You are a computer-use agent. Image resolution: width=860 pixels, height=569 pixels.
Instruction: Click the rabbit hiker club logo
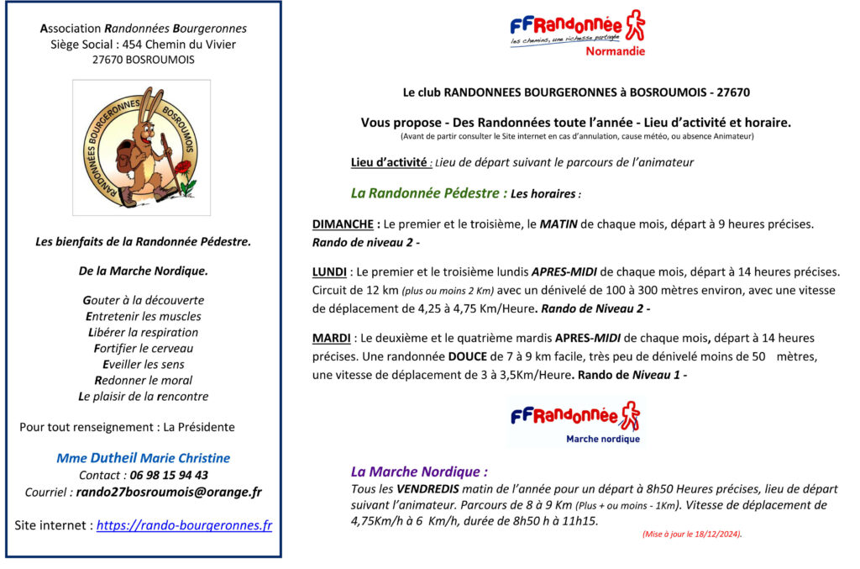(x=141, y=148)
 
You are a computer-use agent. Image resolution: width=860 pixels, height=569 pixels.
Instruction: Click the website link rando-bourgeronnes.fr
(x=184, y=525)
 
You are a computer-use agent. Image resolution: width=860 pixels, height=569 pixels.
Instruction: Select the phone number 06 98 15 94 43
(x=169, y=475)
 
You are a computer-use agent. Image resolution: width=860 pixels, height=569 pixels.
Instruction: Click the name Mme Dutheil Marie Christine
(x=143, y=458)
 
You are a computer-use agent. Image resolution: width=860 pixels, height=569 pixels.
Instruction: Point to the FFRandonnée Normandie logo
(x=576, y=32)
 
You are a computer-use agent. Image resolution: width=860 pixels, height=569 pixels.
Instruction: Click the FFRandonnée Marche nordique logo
(x=576, y=422)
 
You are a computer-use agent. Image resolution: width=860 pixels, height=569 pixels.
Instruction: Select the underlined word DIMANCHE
(x=343, y=225)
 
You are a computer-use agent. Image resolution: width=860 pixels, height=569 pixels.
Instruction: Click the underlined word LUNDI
(x=330, y=272)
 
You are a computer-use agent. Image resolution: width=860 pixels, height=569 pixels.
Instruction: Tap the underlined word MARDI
(x=332, y=338)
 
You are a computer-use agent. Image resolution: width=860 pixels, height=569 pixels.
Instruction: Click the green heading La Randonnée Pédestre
(x=428, y=193)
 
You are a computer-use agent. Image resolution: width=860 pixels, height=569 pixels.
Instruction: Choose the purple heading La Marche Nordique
(x=418, y=472)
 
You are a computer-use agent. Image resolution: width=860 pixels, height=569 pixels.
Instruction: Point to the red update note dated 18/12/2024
(x=691, y=534)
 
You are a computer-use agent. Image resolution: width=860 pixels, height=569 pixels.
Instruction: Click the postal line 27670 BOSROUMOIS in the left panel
(x=143, y=60)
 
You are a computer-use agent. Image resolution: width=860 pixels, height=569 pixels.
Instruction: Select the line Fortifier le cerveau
(x=143, y=348)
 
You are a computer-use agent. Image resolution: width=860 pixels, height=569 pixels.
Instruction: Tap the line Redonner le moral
(x=143, y=380)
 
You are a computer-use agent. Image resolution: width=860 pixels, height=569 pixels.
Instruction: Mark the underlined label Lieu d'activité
(x=390, y=162)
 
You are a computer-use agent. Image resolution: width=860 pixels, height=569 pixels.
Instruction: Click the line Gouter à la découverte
(x=143, y=300)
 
